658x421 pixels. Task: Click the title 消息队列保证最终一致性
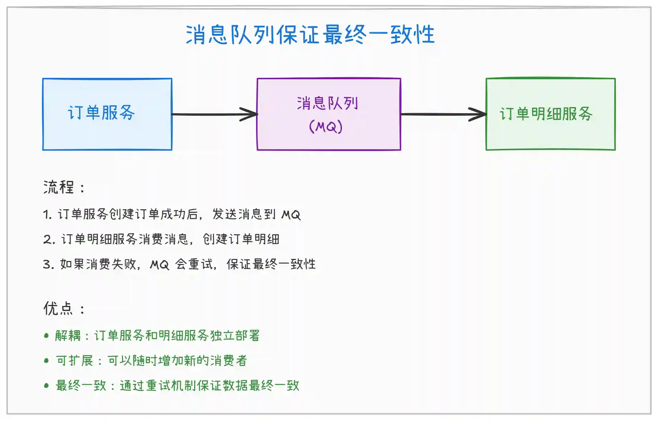point(310,35)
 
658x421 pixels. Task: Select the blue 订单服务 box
point(107,114)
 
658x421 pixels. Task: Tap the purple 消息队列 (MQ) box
point(329,114)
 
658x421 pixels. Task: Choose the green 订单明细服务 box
point(550,114)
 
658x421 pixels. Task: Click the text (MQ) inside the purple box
point(326,126)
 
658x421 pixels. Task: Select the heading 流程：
point(64,187)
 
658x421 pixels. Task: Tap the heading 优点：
point(64,309)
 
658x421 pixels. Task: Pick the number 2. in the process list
point(49,239)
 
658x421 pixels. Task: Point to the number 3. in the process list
point(48,264)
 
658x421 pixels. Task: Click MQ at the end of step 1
point(291,215)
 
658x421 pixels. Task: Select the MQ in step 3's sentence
point(159,265)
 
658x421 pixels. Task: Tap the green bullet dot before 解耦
point(46,336)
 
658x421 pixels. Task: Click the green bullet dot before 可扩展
point(46,361)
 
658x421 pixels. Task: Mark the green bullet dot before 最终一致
point(46,386)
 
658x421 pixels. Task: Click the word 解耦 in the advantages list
point(68,336)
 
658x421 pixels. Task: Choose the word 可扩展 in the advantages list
point(75,361)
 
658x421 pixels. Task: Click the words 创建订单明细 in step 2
point(241,239)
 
